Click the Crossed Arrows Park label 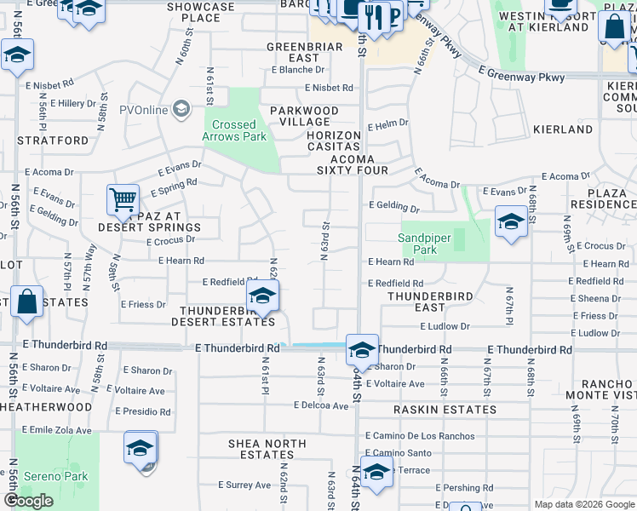234,129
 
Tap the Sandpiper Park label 430,244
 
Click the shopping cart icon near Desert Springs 123,201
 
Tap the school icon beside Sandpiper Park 510,222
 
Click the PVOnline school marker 181,109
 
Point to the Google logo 29,501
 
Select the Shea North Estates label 267,449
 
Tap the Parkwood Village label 304,117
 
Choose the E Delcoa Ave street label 320,405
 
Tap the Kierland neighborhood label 562,129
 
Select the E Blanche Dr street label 298,70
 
